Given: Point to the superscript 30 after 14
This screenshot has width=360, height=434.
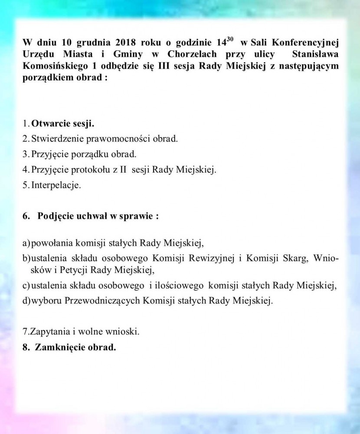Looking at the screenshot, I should pyautogui.click(x=230, y=40).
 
